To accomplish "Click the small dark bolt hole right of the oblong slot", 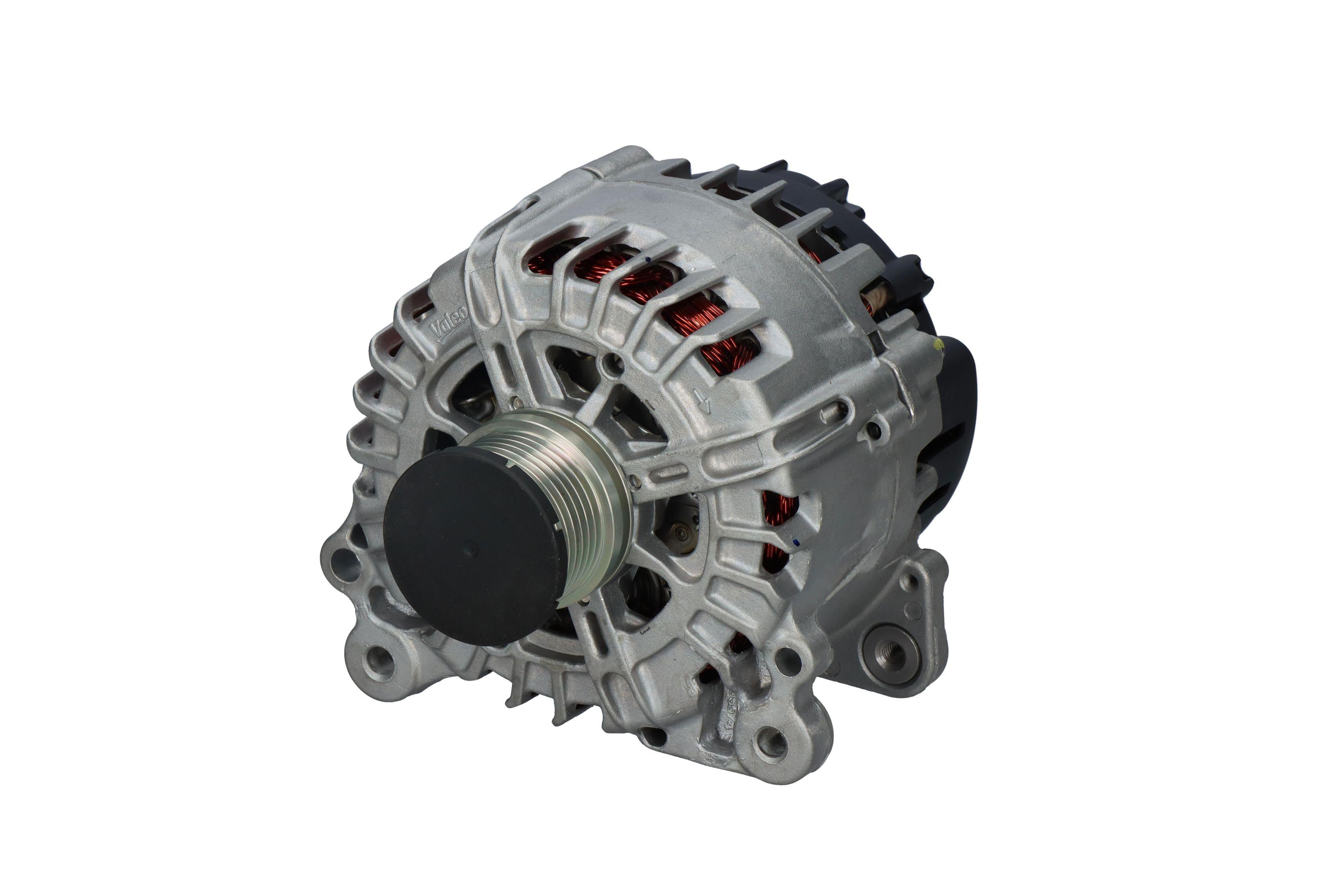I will (873, 431).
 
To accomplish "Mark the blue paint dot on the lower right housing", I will (795, 542).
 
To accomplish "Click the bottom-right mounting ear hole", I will (771, 741).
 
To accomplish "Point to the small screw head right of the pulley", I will (635, 481).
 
